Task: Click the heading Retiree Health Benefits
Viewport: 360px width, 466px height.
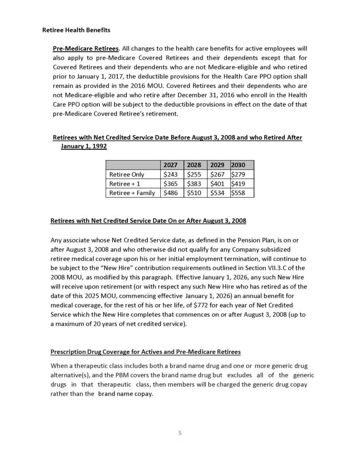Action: [x=76, y=30]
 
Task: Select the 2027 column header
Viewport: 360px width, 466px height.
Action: [x=170, y=165]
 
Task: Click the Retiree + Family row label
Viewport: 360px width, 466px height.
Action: [x=132, y=193]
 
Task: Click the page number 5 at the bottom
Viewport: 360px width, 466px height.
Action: [x=180, y=433]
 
